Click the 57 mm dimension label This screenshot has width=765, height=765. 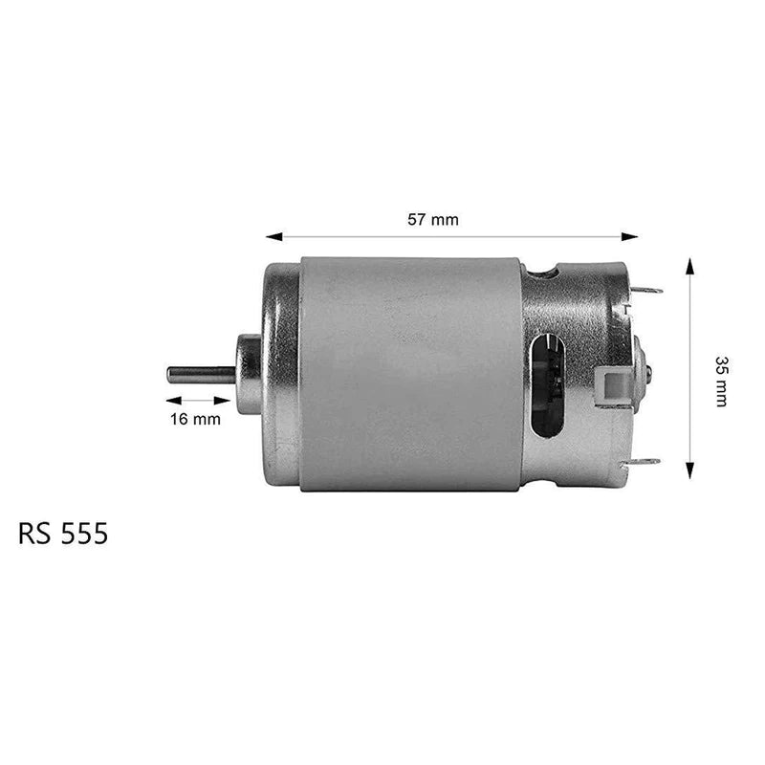[x=433, y=219]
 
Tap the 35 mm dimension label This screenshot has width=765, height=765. [x=721, y=381]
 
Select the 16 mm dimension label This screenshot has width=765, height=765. [x=195, y=418]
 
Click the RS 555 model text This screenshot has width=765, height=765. [x=63, y=534]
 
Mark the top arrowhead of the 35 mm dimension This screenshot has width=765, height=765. [x=689, y=263]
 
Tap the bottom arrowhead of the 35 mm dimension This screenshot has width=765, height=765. [x=689, y=472]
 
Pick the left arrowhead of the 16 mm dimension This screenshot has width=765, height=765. [x=173, y=401]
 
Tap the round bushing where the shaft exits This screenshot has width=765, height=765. [x=249, y=374]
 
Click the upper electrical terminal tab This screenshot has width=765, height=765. [x=648, y=290]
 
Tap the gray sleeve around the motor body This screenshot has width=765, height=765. [x=410, y=374]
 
